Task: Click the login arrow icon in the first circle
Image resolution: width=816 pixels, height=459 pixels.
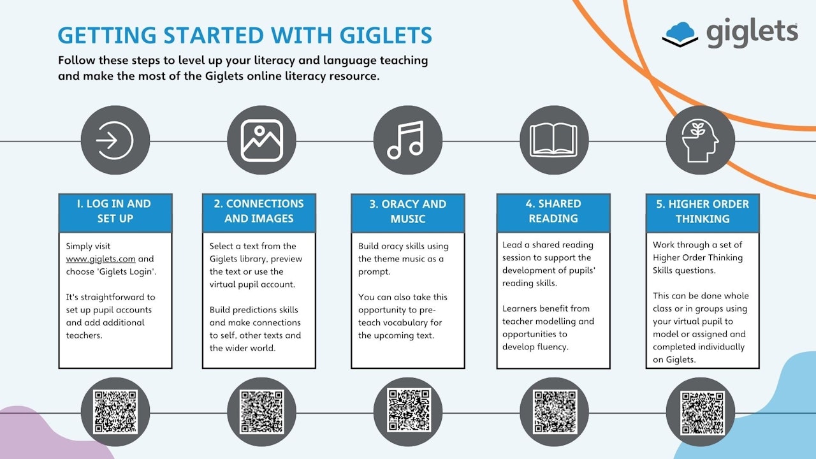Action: [x=115, y=140]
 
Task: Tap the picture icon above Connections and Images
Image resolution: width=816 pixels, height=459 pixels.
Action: [x=261, y=140]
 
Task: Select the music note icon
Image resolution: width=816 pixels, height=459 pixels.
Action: [x=406, y=140]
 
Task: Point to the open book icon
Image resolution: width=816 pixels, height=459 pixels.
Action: [x=554, y=140]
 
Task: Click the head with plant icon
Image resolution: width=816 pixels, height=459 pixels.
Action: [x=700, y=141]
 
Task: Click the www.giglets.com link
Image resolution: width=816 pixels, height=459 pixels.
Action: [x=101, y=259]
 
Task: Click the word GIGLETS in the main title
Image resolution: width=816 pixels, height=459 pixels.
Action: [x=386, y=35]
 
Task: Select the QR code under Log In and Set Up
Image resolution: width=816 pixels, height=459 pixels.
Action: [x=115, y=412]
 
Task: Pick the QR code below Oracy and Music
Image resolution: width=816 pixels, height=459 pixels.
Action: [x=409, y=410]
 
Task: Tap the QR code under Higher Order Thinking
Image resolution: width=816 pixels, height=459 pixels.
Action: [x=702, y=413]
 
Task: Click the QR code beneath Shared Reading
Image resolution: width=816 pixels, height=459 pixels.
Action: [x=555, y=412]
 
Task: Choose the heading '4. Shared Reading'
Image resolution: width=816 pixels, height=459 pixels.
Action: [x=553, y=211]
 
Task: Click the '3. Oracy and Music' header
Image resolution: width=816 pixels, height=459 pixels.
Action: [x=408, y=211]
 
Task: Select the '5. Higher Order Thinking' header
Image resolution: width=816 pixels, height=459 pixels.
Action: [x=703, y=211]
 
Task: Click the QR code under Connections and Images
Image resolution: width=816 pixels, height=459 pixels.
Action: [x=262, y=412]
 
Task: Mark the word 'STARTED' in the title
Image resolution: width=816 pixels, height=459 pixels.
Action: [x=214, y=35]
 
